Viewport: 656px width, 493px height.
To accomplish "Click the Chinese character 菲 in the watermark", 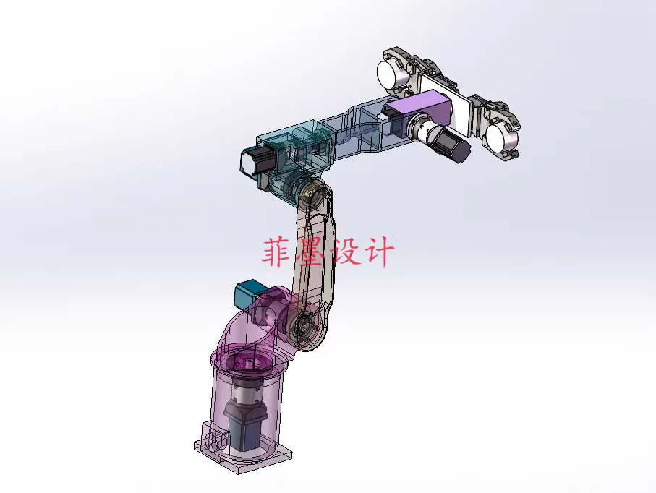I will click(x=278, y=252).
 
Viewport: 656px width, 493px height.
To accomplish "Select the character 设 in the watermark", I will click(x=345, y=252).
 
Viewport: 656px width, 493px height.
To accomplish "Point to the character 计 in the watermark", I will click(x=379, y=252).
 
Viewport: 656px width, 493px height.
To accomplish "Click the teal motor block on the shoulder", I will click(x=248, y=295).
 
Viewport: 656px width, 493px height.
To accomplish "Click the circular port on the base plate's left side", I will click(x=213, y=441).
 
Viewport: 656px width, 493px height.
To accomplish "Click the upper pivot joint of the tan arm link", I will click(x=314, y=197).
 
